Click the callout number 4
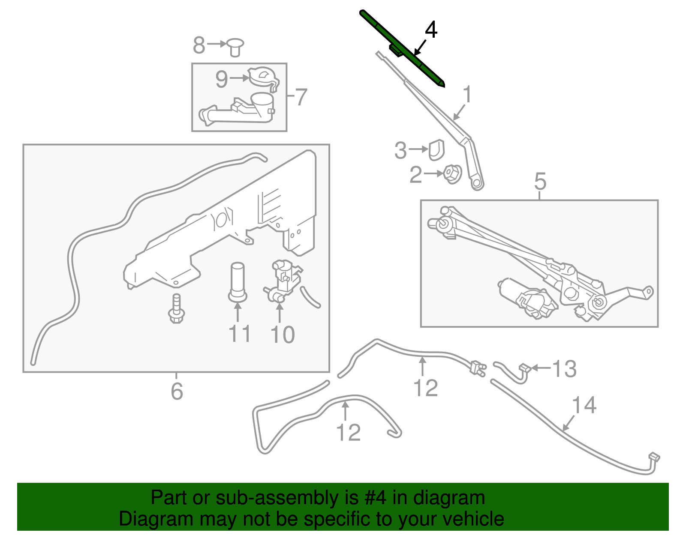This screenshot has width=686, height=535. point(431,30)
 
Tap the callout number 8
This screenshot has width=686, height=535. point(199,45)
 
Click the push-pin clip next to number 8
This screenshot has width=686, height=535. point(235,46)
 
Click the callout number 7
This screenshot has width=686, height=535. point(301,97)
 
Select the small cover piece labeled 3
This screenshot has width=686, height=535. point(437,149)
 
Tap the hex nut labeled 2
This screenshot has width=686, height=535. point(452,174)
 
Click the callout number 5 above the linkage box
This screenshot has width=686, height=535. point(540,181)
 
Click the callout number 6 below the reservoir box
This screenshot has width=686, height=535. point(177,391)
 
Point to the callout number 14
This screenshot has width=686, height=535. point(584,405)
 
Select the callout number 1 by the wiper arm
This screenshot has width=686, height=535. point(467,94)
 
